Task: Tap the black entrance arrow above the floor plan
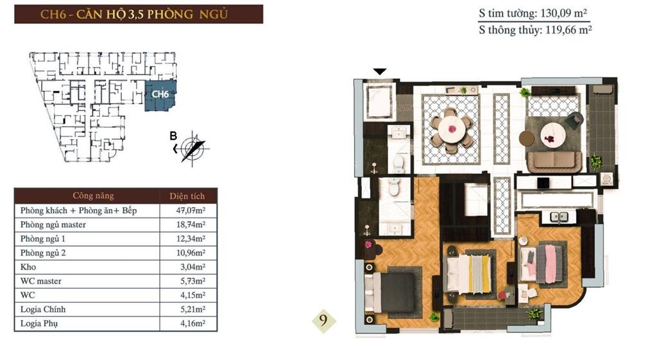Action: (380, 72)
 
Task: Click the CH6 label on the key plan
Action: (160, 94)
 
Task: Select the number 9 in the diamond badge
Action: (325, 320)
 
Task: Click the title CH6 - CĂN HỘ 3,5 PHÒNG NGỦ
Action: (139, 13)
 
